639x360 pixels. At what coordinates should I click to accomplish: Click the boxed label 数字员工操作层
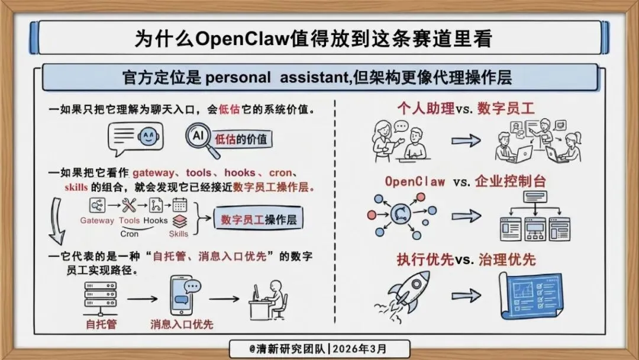[x=259, y=220]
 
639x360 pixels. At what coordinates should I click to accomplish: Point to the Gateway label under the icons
[x=97, y=221]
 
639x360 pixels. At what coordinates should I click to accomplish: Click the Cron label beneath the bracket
[x=129, y=233]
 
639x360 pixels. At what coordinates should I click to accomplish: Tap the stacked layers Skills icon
[x=179, y=220]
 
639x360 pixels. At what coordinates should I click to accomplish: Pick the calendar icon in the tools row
[x=179, y=205]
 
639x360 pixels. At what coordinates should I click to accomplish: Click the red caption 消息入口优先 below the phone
[x=182, y=324]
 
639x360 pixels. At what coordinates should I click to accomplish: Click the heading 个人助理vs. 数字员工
[x=466, y=108]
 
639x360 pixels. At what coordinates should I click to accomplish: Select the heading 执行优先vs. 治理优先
[x=466, y=259]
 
